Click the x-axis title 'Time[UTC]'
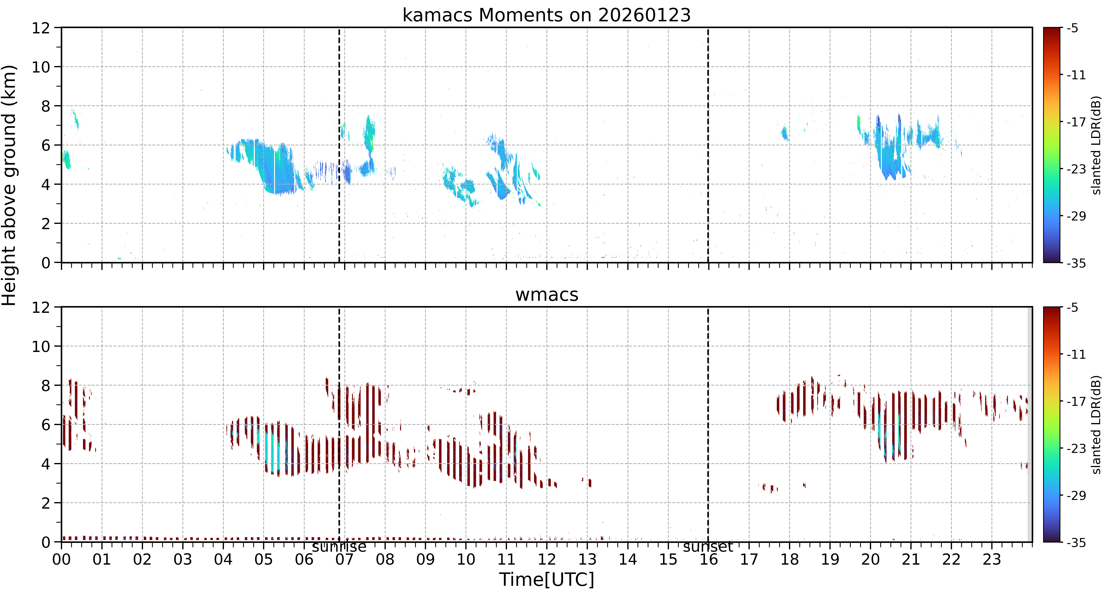coord(546,580)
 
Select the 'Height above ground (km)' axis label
coord(9,185)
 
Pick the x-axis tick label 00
coord(62,559)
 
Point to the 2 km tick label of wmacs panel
coord(46,503)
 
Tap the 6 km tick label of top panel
coord(46,145)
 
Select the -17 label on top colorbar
coord(1076,122)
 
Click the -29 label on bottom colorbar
coord(1076,495)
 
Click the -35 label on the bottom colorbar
coord(1076,542)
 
